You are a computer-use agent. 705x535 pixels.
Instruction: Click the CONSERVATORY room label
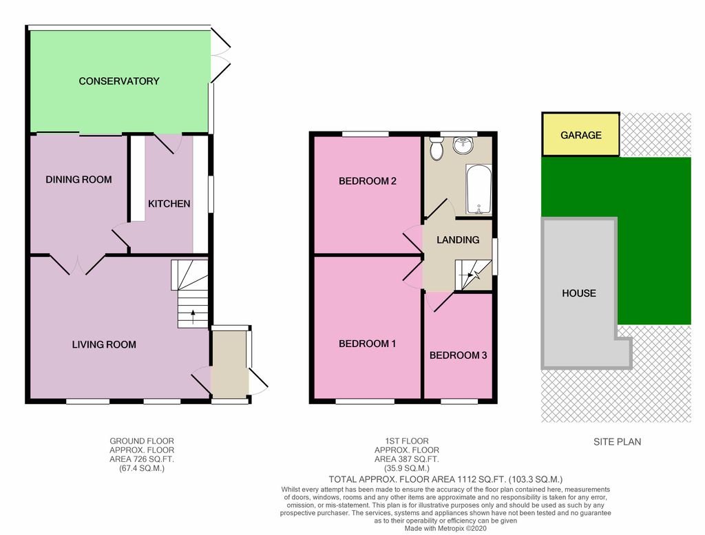[118, 81]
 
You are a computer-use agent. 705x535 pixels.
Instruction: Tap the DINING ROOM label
[78, 180]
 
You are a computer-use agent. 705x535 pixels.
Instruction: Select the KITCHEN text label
[169, 204]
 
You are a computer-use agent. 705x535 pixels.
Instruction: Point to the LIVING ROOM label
[104, 344]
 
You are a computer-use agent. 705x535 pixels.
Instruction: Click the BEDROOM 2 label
[367, 182]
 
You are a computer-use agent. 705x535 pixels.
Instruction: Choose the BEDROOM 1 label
[367, 344]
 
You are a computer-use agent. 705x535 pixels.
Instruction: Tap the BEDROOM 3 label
[458, 355]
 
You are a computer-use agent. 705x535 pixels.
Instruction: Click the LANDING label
[458, 240]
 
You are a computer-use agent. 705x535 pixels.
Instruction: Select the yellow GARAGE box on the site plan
[580, 135]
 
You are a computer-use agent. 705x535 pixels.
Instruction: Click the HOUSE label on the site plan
[579, 293]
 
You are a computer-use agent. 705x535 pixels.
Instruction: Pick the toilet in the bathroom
[436, 147]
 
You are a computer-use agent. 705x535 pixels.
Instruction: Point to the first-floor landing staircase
[474, 275]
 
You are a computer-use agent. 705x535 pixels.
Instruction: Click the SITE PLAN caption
[617, 441]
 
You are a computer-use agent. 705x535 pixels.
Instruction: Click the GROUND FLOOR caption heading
[142, 441]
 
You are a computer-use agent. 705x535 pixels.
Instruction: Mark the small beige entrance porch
[229, 363]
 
